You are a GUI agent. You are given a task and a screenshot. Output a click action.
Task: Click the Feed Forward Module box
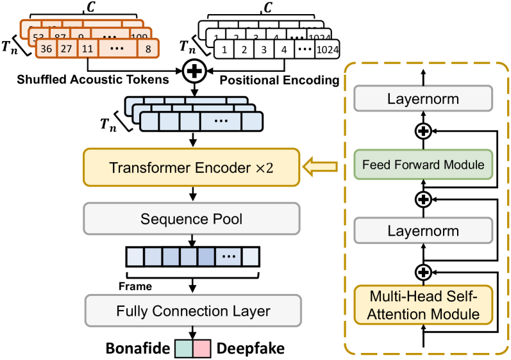pyautogui.click(x=423, y=165)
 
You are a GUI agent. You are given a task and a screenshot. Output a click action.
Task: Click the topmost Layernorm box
pyautogui.click(x=423, y=100)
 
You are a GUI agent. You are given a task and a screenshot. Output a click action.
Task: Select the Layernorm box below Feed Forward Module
pyautogui.click(x=423, y=230)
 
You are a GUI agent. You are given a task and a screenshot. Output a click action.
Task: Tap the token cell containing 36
pyautogui.click(x=46, y=49)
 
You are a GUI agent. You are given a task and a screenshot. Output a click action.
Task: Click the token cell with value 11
pyautogui.click(x=87, y=49)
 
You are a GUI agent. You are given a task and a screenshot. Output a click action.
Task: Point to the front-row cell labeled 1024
pyautogui.click(x=326, y=49)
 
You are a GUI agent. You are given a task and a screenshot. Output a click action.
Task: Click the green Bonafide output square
pyautogui.click(x=183, y=348)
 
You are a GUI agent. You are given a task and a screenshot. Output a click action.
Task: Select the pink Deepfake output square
pyautogui.click(x=202, y=348)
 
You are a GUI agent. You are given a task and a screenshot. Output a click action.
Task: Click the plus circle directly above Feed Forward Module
pyautogui.click(x=423, y=132)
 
